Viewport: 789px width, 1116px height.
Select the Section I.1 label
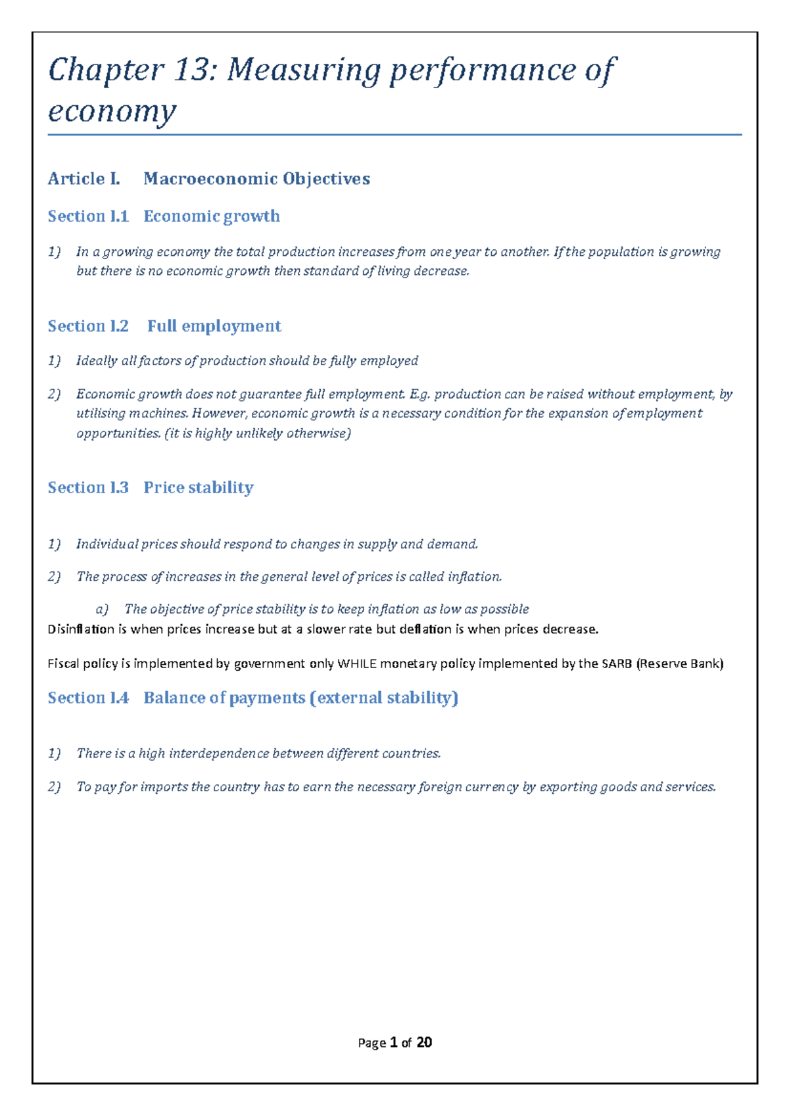tap(88, 216)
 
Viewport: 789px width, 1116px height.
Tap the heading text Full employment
tap(214, 326)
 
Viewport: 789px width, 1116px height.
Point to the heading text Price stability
tap(199, 487)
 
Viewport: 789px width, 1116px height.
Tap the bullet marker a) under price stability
tap(101, 610)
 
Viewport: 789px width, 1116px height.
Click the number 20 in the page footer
tap(424, 1042)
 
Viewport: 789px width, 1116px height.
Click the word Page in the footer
tap(371, 1043)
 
